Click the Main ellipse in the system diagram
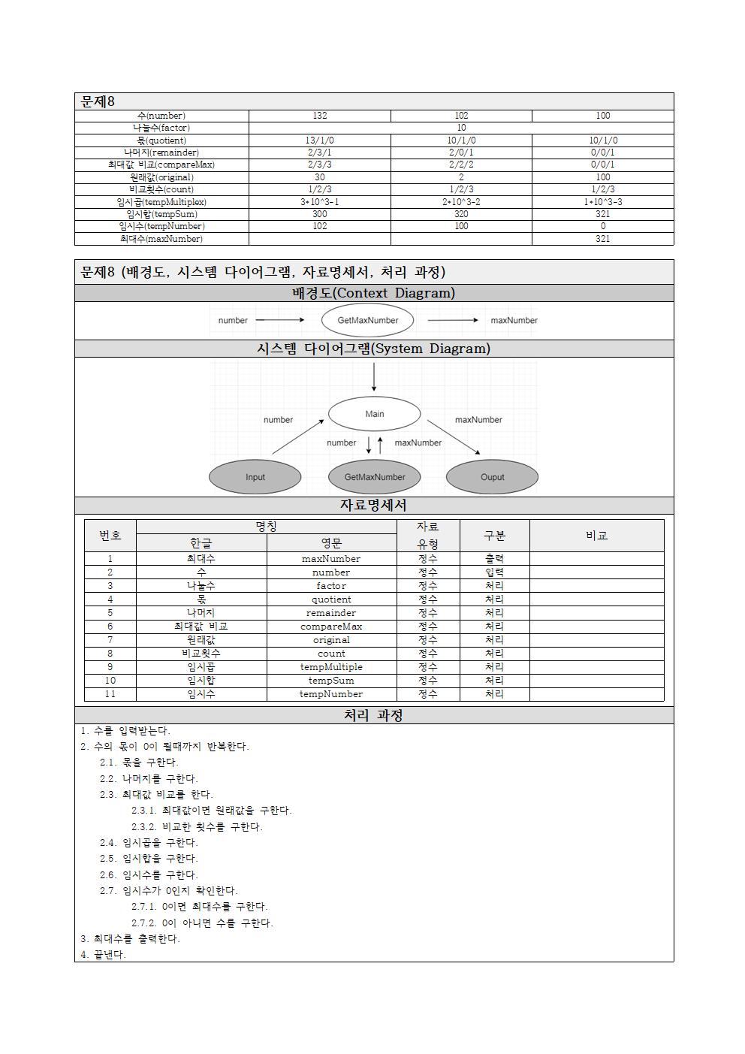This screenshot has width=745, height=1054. [x=374, y=414]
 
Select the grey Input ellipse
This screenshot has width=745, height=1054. [x=255, y=477]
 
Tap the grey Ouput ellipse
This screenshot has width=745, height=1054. [x=492, y=477]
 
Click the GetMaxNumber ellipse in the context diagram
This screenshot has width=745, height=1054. [x=367, y=320]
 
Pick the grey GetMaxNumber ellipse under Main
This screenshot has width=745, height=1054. [x=374, y=477]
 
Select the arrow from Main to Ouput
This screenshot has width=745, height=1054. [x=454, y=437]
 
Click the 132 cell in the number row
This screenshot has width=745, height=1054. [x=319, y=116]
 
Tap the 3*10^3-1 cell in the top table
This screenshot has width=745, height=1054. [x=319, y=202]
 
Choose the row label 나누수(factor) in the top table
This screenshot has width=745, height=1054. [x=161, y=128]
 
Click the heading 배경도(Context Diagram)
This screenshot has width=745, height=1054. [x=373, y=293]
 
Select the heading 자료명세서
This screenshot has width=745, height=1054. [x=373, y=506]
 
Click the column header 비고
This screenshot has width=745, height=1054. [x=596, y=536]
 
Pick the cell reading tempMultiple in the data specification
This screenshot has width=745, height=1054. [x=331, y=667]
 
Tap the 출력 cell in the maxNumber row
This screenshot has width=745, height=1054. [x=494, y=559]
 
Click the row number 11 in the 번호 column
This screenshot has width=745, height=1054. [x=110, y=694]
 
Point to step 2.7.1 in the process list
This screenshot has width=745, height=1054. [x=200, y=907]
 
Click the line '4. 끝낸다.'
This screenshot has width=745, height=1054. [x=104, y=955]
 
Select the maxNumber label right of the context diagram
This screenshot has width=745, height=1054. [x=514, y=320]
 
